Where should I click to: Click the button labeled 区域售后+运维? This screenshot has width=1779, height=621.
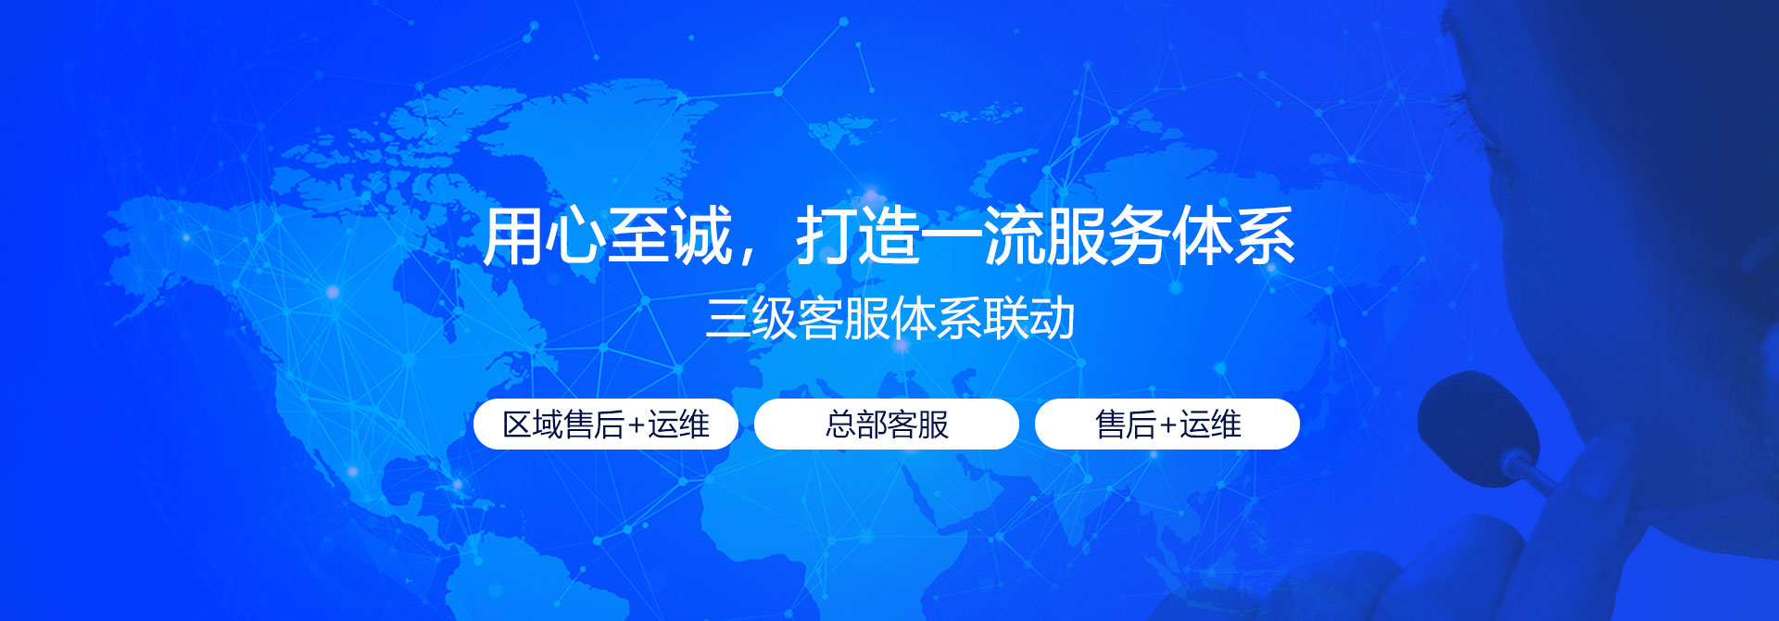[606, 425]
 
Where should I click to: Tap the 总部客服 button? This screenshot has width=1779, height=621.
[887, 425]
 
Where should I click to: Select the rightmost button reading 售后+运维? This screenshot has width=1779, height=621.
[1167, 425]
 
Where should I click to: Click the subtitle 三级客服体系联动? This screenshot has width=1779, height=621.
[889, 319]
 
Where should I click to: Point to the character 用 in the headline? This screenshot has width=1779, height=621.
[512, 236]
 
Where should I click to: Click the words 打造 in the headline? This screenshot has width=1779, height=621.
[858, 236]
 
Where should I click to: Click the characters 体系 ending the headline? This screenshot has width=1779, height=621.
[1232, 236]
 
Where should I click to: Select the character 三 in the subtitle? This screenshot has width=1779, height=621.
[727, 319]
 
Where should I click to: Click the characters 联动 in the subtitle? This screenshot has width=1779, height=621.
[1029, 319]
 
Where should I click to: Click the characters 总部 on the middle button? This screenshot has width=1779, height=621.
[856, 425]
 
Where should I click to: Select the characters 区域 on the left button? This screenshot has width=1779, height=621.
[533, 425]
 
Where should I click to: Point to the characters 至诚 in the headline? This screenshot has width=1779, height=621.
[671, 236]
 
